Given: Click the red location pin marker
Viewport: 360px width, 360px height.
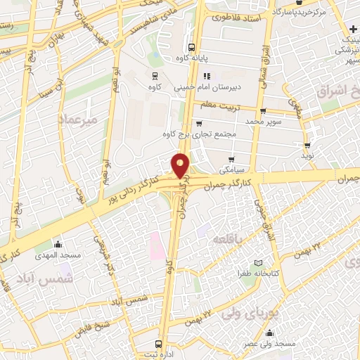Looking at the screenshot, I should click(x=181, y=165).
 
